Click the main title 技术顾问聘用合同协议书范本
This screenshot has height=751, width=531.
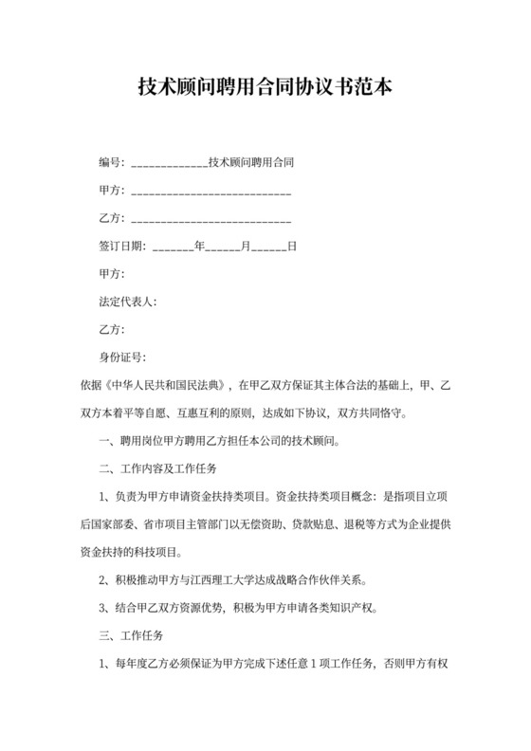tap(265, 87)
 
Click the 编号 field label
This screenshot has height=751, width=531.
tap(111, 162)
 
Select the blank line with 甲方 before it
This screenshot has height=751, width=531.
tap(210, 193)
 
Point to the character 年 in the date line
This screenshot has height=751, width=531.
tap(199, 247)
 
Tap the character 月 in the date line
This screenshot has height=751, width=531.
tap(246, 247)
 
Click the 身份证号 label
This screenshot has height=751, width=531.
tap(122, 357)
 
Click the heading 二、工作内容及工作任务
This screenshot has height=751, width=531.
tap(158, 468)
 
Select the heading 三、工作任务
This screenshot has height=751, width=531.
tap(132, 634)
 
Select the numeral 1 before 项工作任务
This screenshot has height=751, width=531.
tap(348, 663)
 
